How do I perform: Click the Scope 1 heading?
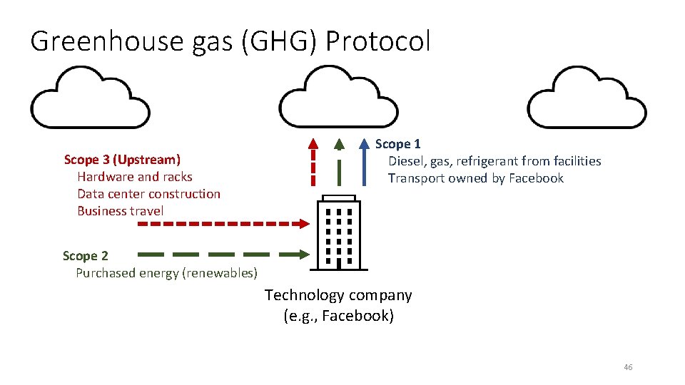[397, 144]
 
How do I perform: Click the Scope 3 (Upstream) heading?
[122, 160]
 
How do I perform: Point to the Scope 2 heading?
[85, 256]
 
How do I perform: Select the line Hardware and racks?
[135, 177]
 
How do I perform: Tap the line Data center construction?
[148, 194]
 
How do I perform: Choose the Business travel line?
[120, 211]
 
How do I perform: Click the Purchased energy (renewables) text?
[166, 273]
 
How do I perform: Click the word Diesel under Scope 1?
[405, 161]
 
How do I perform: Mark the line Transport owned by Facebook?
[475, 178]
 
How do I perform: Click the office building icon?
[338, 232]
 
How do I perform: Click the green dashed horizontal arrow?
[222, 254]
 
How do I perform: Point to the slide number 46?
[628, 367]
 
